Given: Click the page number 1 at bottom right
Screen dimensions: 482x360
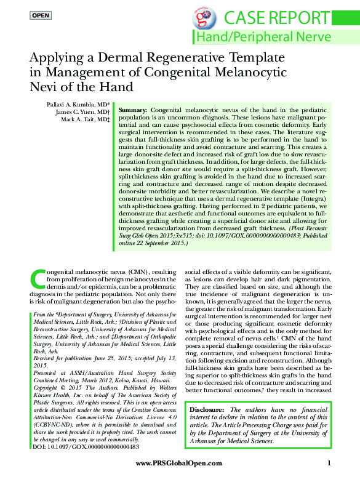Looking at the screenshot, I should click(x=330, y=463).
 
